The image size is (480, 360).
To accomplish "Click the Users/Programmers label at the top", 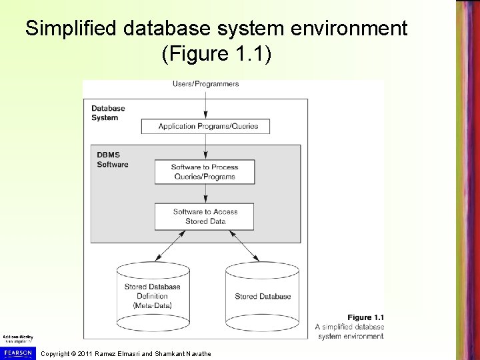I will pyautogui.click(x=205, y=84).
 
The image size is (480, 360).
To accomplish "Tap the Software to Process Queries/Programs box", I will pyautogui.click(x=205, y=171).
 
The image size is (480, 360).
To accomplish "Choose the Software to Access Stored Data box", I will pyautogui.click(x=205, y=216).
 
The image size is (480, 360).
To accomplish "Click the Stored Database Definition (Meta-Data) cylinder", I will pyautogui.click(x=152, y=293).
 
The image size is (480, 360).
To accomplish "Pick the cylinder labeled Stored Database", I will pyautogui.click(x=263, y=293).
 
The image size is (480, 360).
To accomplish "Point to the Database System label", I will pyautogui.click(x=105, y=113).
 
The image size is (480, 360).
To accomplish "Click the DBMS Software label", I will pyautogui.click(x=111, y=160).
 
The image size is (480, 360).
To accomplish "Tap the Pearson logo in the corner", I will pyautogui.click(x=17, y=352).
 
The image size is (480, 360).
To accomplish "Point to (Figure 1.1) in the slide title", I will pyautogui.click(x=216, y=54).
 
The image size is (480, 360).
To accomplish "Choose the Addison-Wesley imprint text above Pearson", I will pyautogui.click(x=17, y=339).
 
